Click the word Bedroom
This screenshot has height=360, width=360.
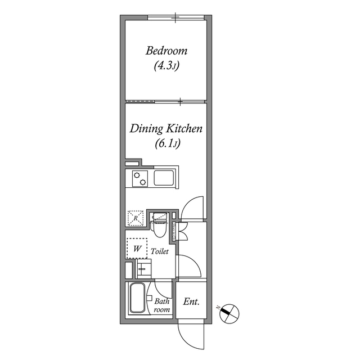(x=166, y=51)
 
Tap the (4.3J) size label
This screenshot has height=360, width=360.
(x=166, y=66)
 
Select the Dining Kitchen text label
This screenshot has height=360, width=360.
(x=166, y=129)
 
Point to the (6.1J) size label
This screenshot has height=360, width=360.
(x=166, y=144)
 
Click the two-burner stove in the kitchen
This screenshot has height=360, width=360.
(x=139, y=178)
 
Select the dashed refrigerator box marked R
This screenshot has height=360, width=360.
(x=136, y=218)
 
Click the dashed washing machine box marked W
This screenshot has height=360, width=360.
(x=136, y=247)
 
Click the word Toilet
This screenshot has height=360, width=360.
(x=160, y=253)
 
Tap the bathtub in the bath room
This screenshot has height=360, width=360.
(x=137, y=299)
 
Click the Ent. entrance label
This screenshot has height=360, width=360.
(x=191, y=301)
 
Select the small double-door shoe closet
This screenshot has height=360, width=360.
(x=181, y=231)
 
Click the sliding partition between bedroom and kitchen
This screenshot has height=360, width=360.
(x=166, y=102)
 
